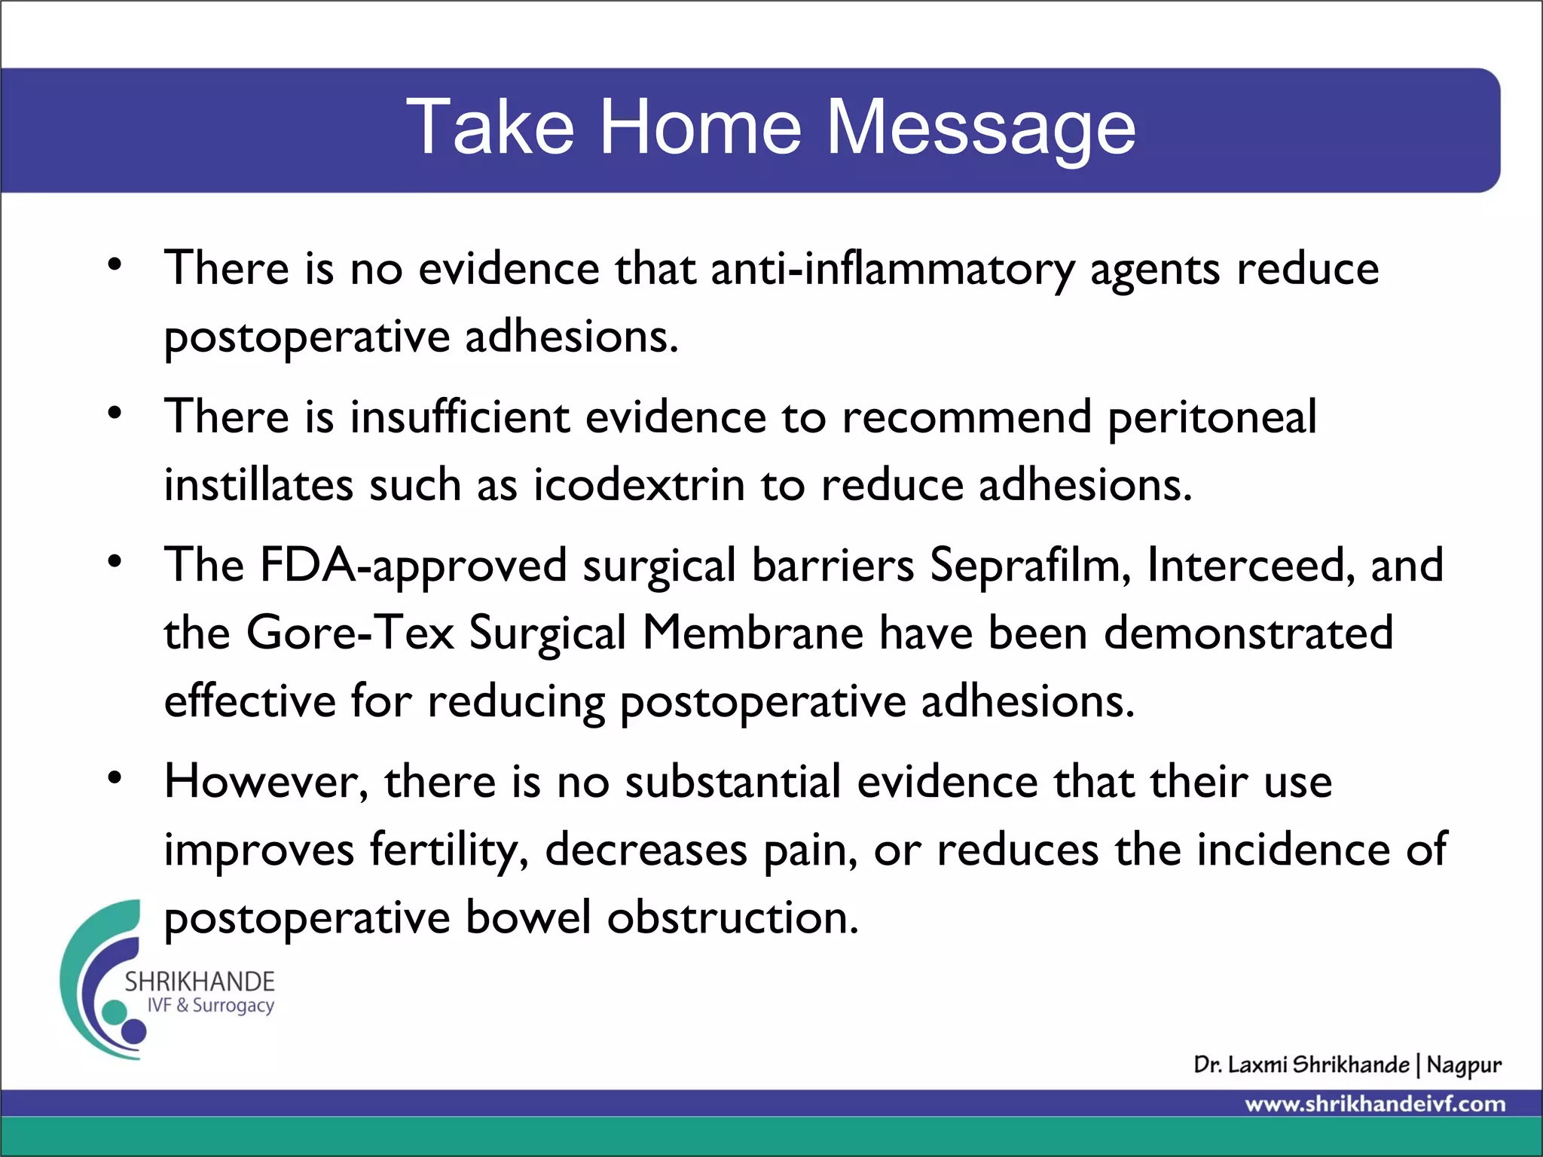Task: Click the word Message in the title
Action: (x=981, y=128)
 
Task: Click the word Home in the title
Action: (x=700, y=128)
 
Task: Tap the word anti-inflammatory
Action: (x=892, y=270)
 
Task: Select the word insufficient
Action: (x=460, y=417)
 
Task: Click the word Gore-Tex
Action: (x=350, y=633)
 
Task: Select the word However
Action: (x=266, y=782)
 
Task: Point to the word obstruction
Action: (x=732, y=917)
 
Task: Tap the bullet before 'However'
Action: (x=115, y=778)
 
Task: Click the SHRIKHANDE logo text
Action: (x=200, y=981)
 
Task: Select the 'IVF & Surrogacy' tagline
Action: (x=210, y=1006)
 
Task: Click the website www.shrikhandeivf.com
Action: (x=1375, y=1104)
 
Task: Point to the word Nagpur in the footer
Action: (x=1463, y=1065)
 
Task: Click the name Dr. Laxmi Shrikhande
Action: (x=1301, y=1065)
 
